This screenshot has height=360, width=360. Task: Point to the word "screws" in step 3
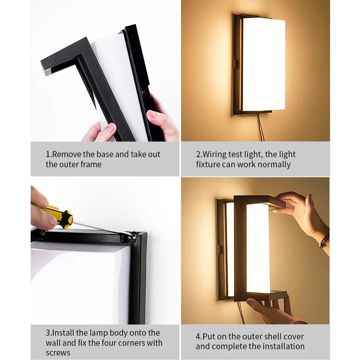coord(58,352)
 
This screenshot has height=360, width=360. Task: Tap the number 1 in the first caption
coord(48,154)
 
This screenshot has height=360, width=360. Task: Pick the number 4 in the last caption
coord(198,336)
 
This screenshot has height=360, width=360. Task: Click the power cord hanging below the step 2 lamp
coord(260,127)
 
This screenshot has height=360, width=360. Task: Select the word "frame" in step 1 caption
coord(91,164)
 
